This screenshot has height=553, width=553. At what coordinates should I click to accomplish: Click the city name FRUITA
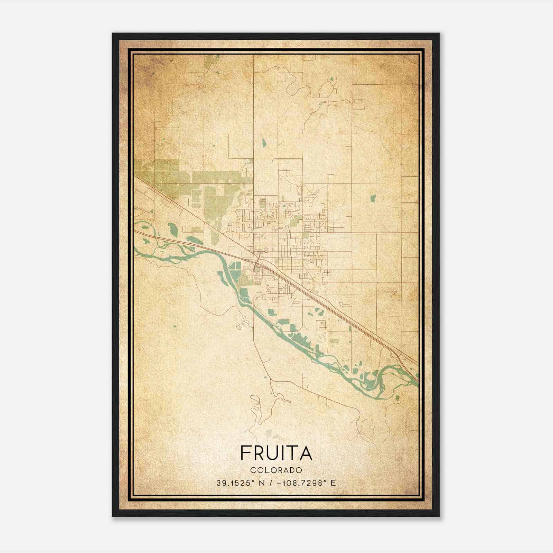point(276,453)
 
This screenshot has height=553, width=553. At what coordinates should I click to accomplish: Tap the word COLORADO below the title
point(276,470)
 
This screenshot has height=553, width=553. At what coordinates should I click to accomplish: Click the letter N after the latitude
point(261,483)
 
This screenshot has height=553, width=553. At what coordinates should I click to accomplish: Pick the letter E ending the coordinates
point(333,483)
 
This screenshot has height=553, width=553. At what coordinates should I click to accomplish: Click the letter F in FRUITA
point(245,453)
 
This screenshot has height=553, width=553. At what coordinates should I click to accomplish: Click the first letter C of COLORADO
point(253,470)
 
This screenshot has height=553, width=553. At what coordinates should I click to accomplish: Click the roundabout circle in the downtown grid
point(266,251)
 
